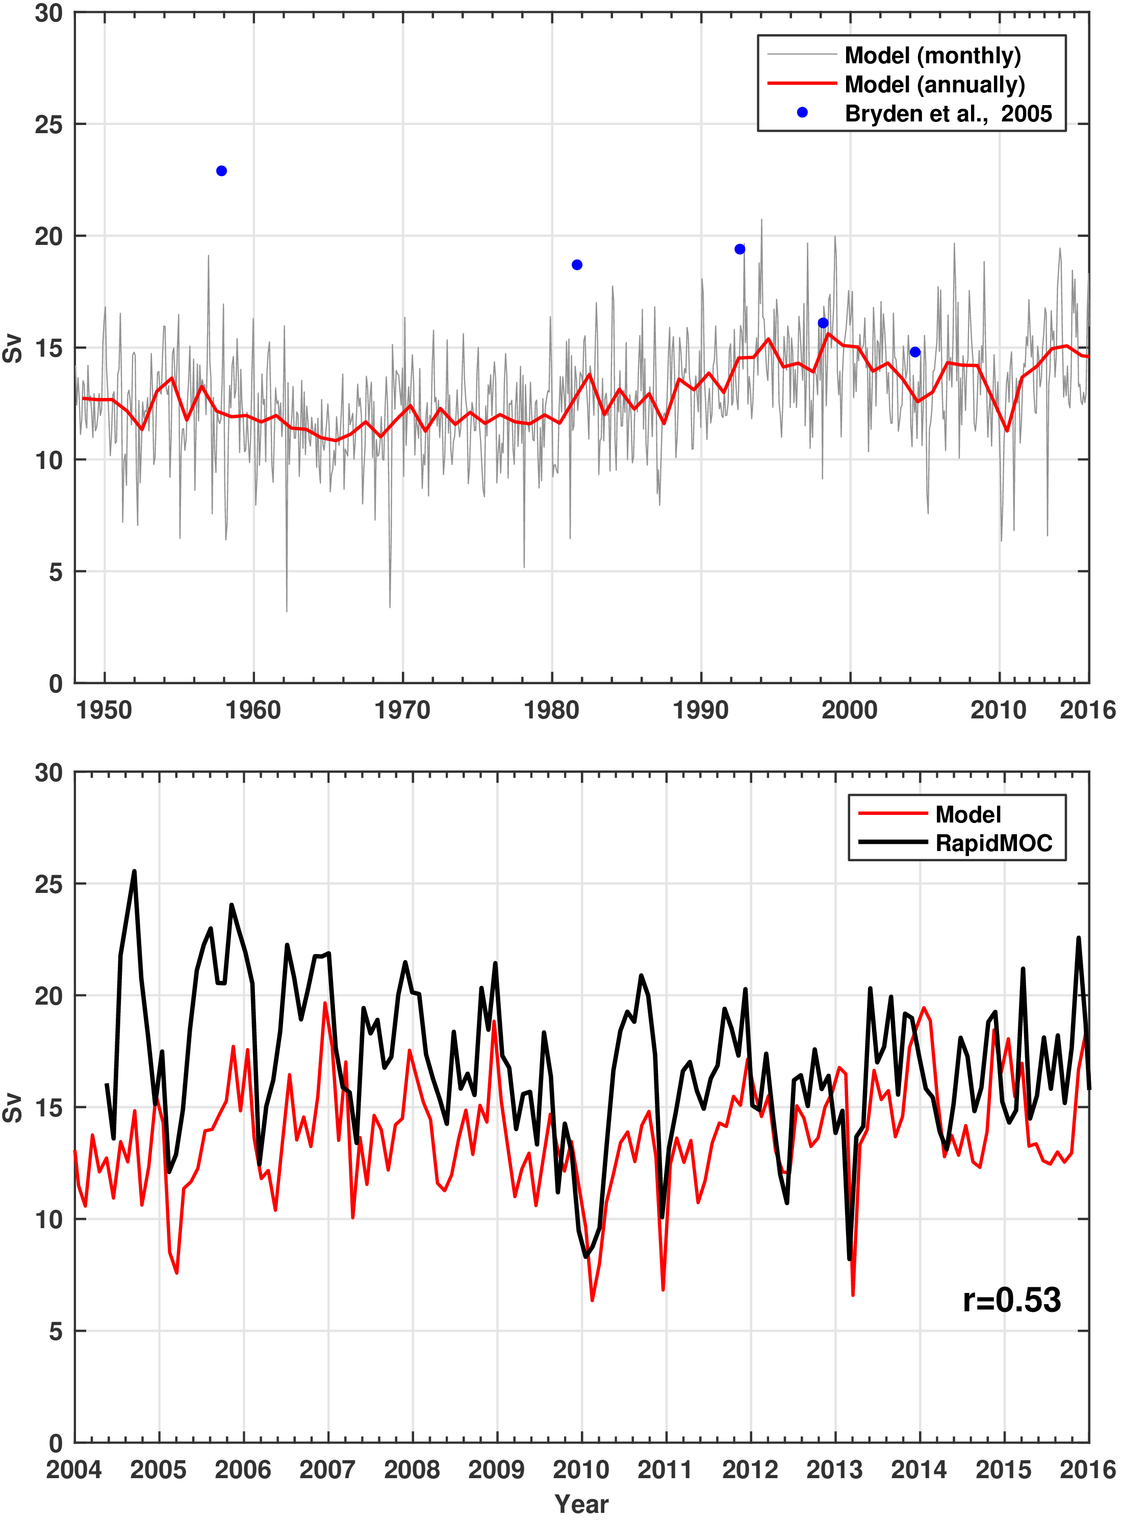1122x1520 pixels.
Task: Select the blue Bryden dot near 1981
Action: click(577, 264)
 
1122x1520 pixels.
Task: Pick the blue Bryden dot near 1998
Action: click(823, 323)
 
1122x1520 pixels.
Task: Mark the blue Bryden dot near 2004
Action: click(915, 352)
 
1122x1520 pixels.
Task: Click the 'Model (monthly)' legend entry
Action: click(932, 55)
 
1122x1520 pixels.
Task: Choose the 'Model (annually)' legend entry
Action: click(934, 84)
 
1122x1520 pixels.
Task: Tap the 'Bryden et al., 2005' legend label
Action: click(948, 113)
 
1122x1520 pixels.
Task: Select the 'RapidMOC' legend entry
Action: click(993, 843)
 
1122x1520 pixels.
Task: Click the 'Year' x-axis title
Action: click(581, 1504)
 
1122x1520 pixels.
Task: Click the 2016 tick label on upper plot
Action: click(1087, 710)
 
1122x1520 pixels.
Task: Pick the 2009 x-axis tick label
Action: click(496, 1469)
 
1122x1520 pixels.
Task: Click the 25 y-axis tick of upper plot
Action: click(49, 124)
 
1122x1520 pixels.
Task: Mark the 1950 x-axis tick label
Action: click(104, 710)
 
